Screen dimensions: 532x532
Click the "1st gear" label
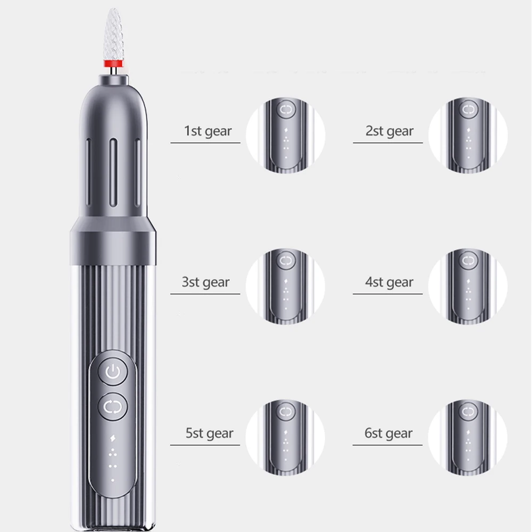click(207, 131)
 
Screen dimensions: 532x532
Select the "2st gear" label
click(389, 131)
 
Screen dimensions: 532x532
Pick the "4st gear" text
click(389, 282)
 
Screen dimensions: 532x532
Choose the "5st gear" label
click(209, 433)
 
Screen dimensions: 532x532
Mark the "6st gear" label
click(389, 433)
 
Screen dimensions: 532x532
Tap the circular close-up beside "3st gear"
click(286, 285)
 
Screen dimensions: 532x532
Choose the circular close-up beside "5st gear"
click(286, 436)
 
